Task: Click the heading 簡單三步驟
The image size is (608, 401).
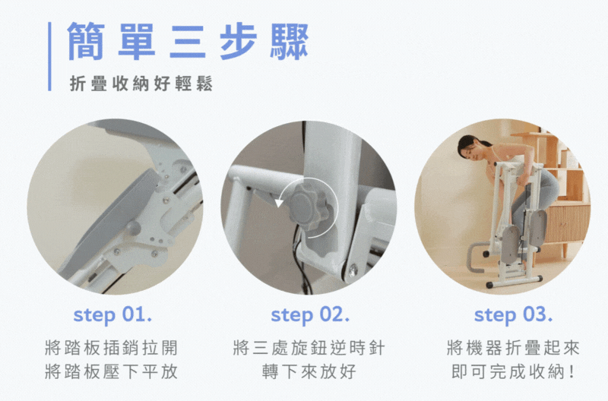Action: pyautogui.click(x=188, y=42)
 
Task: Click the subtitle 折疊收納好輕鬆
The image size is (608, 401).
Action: pyautogui.click(x=141, y=84)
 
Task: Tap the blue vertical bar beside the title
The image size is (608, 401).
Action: pyautogui.click(x=49, y=56)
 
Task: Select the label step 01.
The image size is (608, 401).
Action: pyautogui.click(x=112, y=315)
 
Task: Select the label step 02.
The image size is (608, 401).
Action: pyautogui.click(x=310, y=315)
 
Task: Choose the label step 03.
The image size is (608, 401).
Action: pyautogui.click(x=513, y=315)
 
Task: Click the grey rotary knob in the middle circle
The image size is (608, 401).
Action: pyautogui.click(x=309, y=207)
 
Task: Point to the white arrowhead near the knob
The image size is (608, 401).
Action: pyautogui.click(x=279, y=203)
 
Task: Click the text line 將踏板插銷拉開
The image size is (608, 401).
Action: pyautogui.click(x=111, y=348)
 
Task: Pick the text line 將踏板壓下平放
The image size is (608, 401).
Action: pyautogui.click(x=111, y=371)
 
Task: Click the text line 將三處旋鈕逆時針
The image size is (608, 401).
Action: pyautogui.click(x=309, y=348)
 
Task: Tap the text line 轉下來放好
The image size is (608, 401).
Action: pyautogui.click(x=309, y=371)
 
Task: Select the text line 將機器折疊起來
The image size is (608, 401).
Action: pyautogui.click(x=513, y=348)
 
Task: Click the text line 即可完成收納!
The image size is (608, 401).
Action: pyautogui.click(x=513, y=371)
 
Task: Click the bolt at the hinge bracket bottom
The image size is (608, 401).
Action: pyautogui.click(x=353, y=270)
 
